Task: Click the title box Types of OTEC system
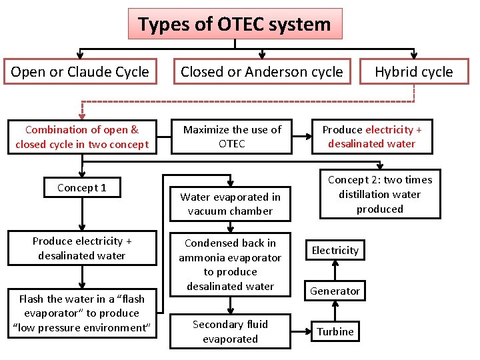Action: tap(235, 25)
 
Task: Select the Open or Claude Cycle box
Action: tap(80, 72)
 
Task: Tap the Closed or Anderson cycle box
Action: tap(261, 72)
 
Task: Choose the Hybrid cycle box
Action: tap(413, 72)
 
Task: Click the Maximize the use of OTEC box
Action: tap(232, 136)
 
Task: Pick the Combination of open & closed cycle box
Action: tap(82, 136)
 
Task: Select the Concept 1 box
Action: tap(81, 187)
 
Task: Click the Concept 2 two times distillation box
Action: tap(379, 194)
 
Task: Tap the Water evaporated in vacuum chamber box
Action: tap(230, 204)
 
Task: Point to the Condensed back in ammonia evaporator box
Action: tap(230, 265)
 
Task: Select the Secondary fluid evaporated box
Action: tap(230, 331)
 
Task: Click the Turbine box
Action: tap(335, 331)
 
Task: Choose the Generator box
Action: tap(335, 291)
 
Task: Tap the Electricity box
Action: tap(335, 250)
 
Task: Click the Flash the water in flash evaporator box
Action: tap(81, 313)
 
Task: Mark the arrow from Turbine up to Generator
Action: tap(335, 311)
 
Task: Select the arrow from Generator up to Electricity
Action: tap(335, 270)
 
